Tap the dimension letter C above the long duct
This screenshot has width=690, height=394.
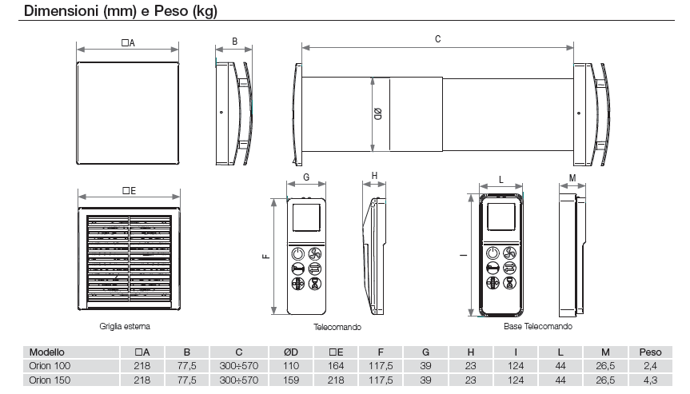tap(437, 39)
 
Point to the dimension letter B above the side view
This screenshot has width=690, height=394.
tap(234, 41)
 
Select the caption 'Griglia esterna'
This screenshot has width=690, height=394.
tap(125, 327)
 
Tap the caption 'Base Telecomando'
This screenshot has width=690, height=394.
tap(537, 327)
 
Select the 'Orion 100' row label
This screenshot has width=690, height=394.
tap(49, 366)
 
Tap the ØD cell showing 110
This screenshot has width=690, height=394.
tap(290, 366)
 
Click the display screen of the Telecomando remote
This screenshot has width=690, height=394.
tap(305, 217)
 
